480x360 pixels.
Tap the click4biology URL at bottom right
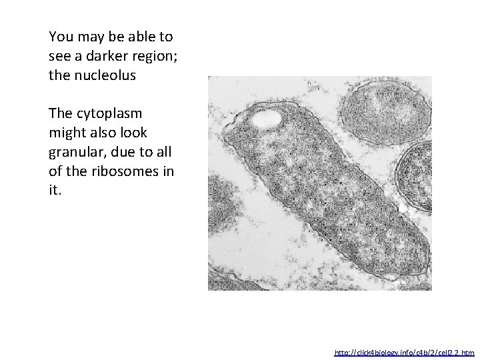[x=404, y=351]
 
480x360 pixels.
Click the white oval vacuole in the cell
[x=265, y=119]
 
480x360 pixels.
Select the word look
[x=133, y=133]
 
